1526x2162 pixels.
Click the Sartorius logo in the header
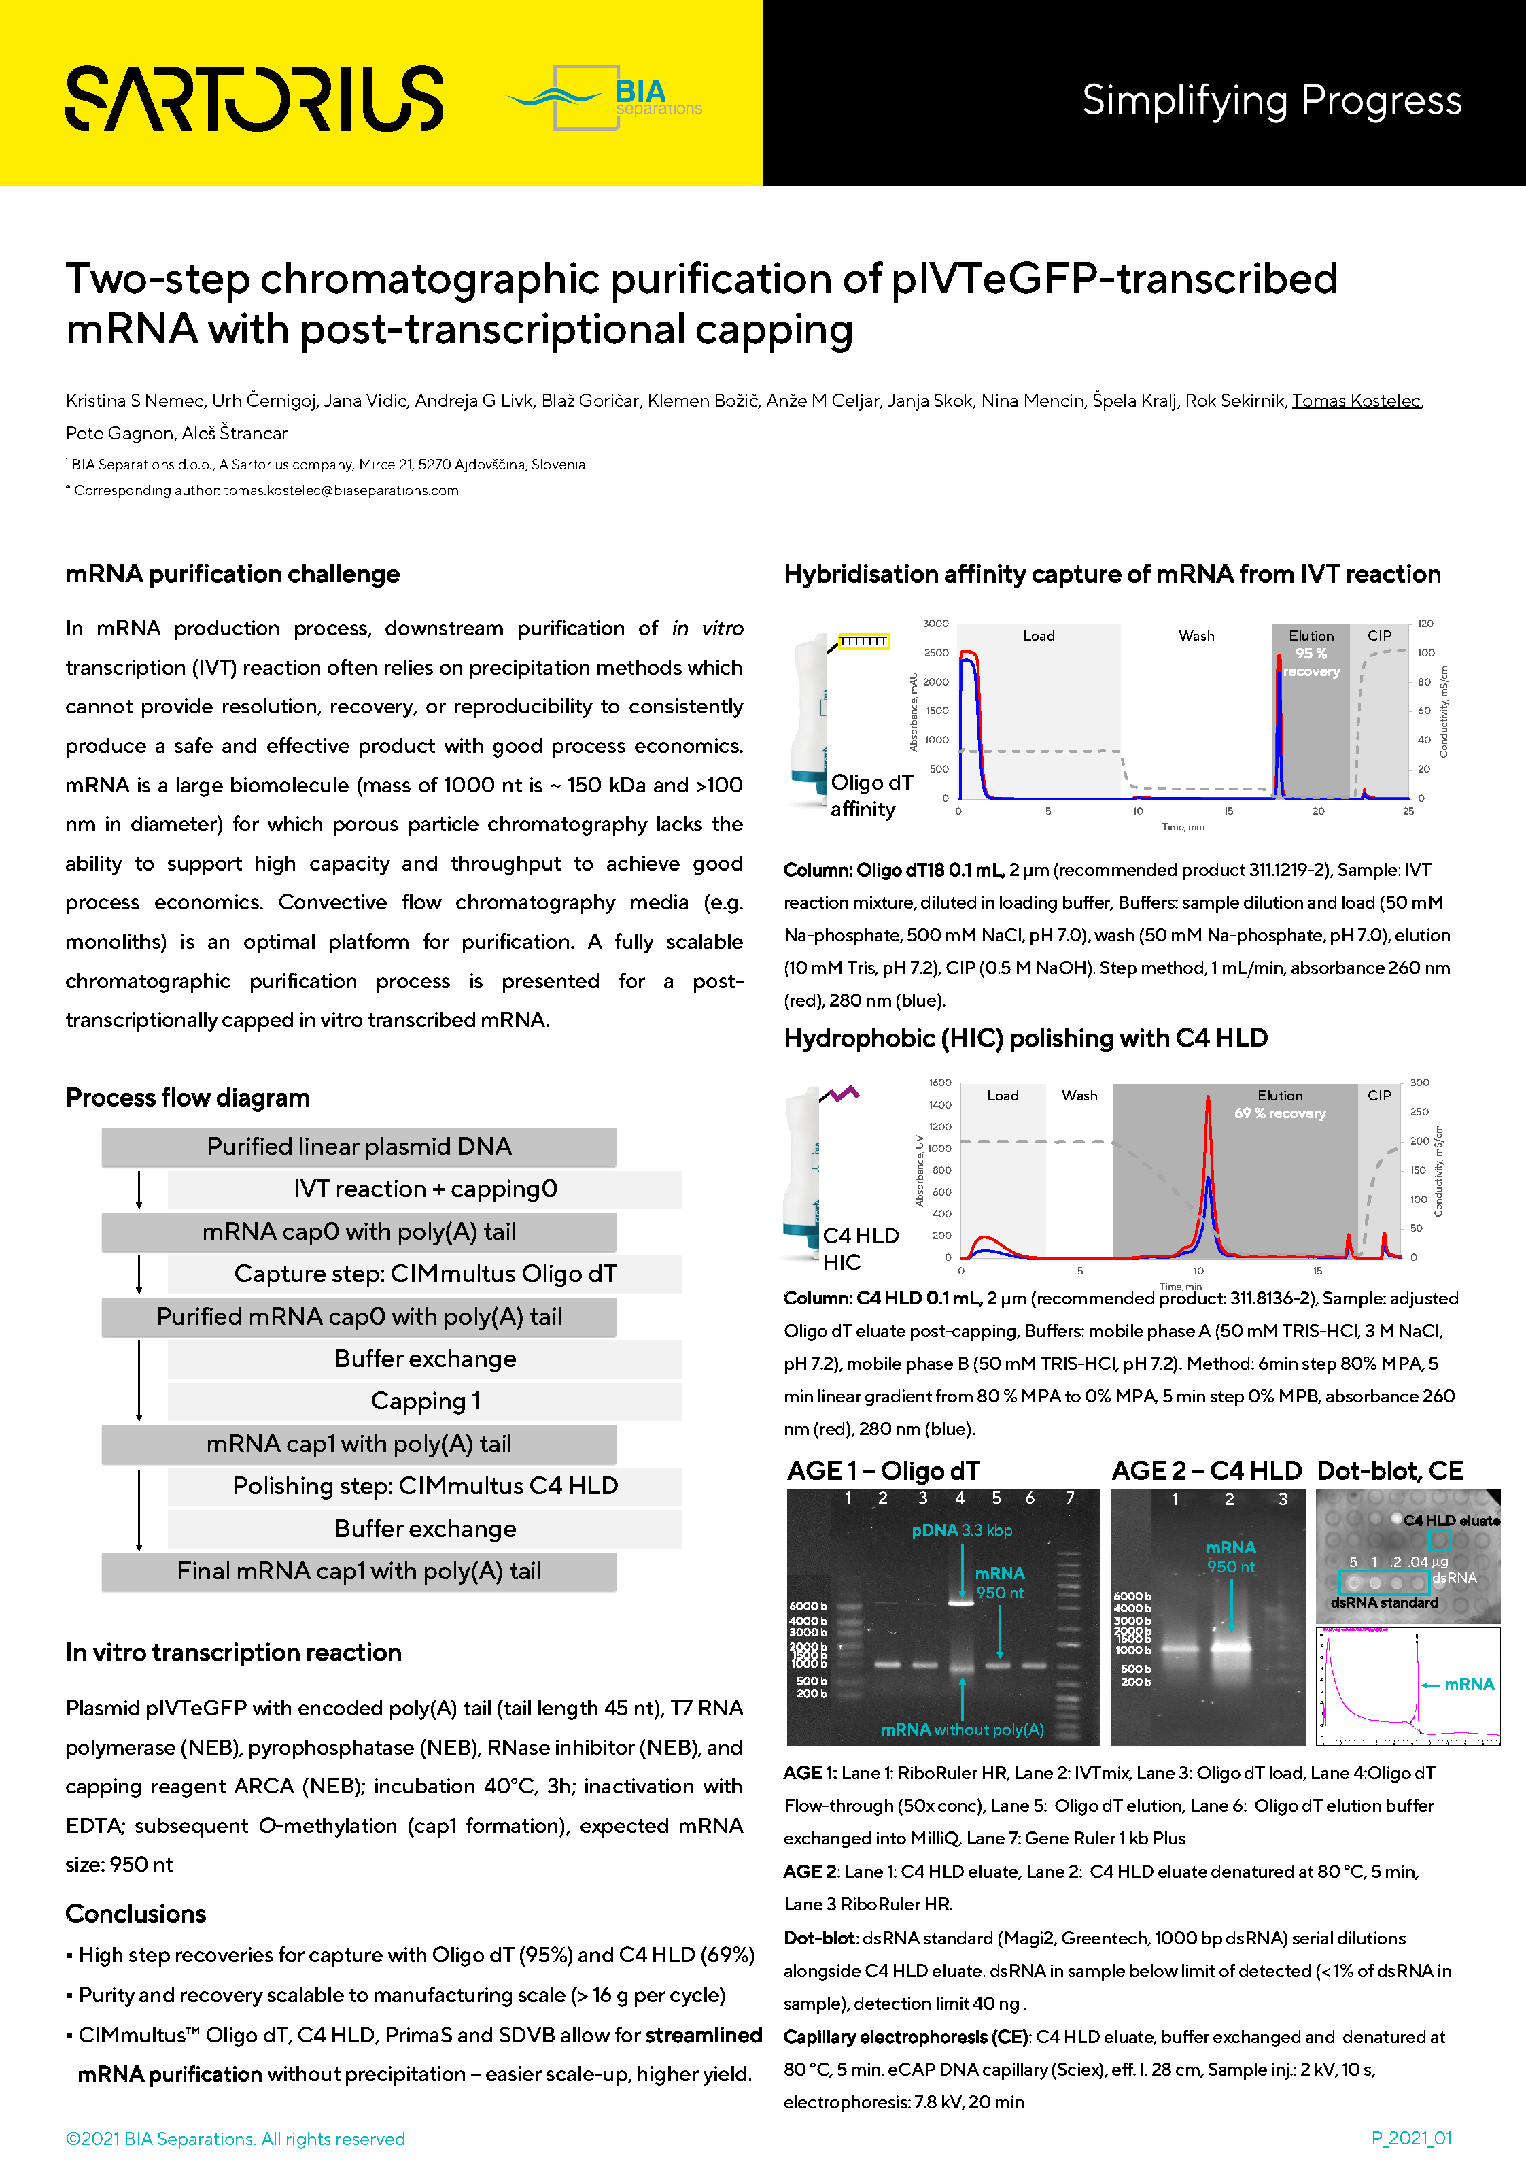(254, 98)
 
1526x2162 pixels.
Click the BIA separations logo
(607, 98)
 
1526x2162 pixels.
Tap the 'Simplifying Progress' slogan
(1271, 101)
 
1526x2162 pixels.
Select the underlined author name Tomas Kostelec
(1355, 401)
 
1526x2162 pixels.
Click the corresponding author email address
(341, 490)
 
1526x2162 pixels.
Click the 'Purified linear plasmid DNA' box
(359, 1147)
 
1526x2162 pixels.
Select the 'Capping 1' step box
(425, 1401)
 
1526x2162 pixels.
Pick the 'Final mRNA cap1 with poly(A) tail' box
(359, 1572)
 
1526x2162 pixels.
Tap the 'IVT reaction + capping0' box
(425, 1189)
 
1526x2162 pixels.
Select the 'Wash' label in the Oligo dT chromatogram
(1196, 637)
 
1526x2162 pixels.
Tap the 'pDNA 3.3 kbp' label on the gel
(961, 1530)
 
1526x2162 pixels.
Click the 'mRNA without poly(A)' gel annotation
(962, 1729)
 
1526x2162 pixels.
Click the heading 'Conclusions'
(135, 1914)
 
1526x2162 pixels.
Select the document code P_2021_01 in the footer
(1411, 2138)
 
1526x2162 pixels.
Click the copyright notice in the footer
(235, 2138)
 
